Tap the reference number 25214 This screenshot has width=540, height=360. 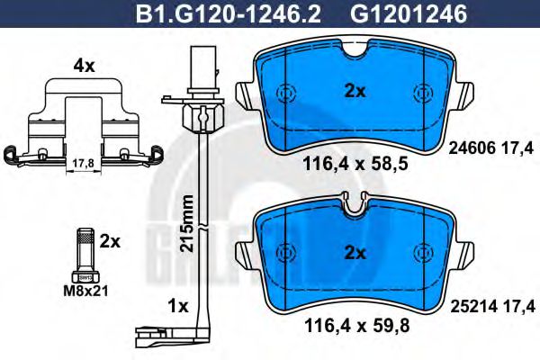468,307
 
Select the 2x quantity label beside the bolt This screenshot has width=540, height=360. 110,242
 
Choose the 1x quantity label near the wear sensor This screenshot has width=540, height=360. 176,306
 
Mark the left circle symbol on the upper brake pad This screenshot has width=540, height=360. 285,93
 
